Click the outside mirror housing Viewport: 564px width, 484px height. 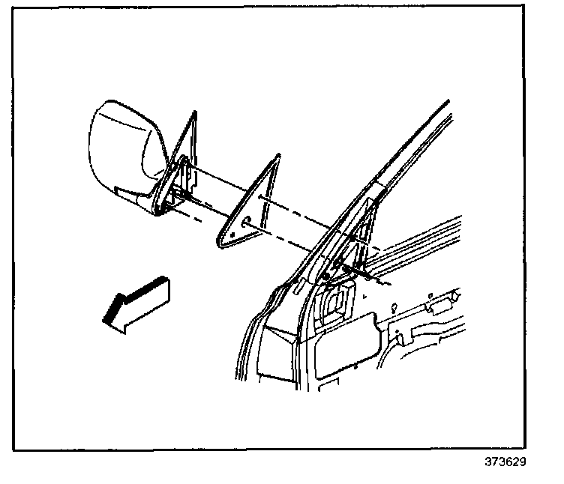coord(124,154)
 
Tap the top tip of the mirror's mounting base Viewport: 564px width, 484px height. coord(193,115)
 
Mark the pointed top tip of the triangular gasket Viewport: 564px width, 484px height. coord(279,156)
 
